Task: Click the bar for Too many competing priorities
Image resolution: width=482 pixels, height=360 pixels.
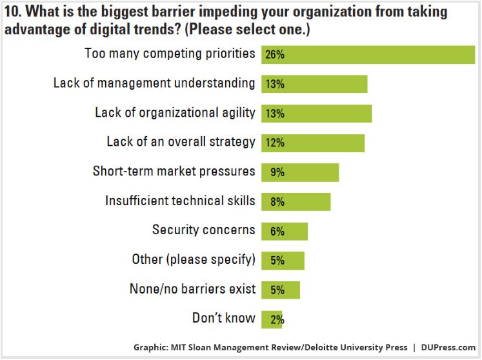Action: [x=368, y=54]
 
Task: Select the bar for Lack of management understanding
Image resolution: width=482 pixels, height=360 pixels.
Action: [x=314, y=84]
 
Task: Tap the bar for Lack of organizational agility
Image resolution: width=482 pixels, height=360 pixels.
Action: [x=316, y=114]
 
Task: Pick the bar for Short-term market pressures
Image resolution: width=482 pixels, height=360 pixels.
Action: [x=300, y=172]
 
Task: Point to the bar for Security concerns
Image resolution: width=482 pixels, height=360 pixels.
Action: [x=285, y=231]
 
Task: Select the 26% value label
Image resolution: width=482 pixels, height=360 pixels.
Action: [x=274, y=55]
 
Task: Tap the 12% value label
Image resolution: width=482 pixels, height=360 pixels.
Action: [x=274, y=143]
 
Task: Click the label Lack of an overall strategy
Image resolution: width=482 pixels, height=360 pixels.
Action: [x=181, y=142]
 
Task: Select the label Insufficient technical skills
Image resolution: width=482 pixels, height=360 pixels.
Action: [x=180, y=201]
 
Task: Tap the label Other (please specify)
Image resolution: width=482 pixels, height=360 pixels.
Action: [x=193, y=259]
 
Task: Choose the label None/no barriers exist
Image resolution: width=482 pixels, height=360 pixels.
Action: [x=192, y=288]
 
